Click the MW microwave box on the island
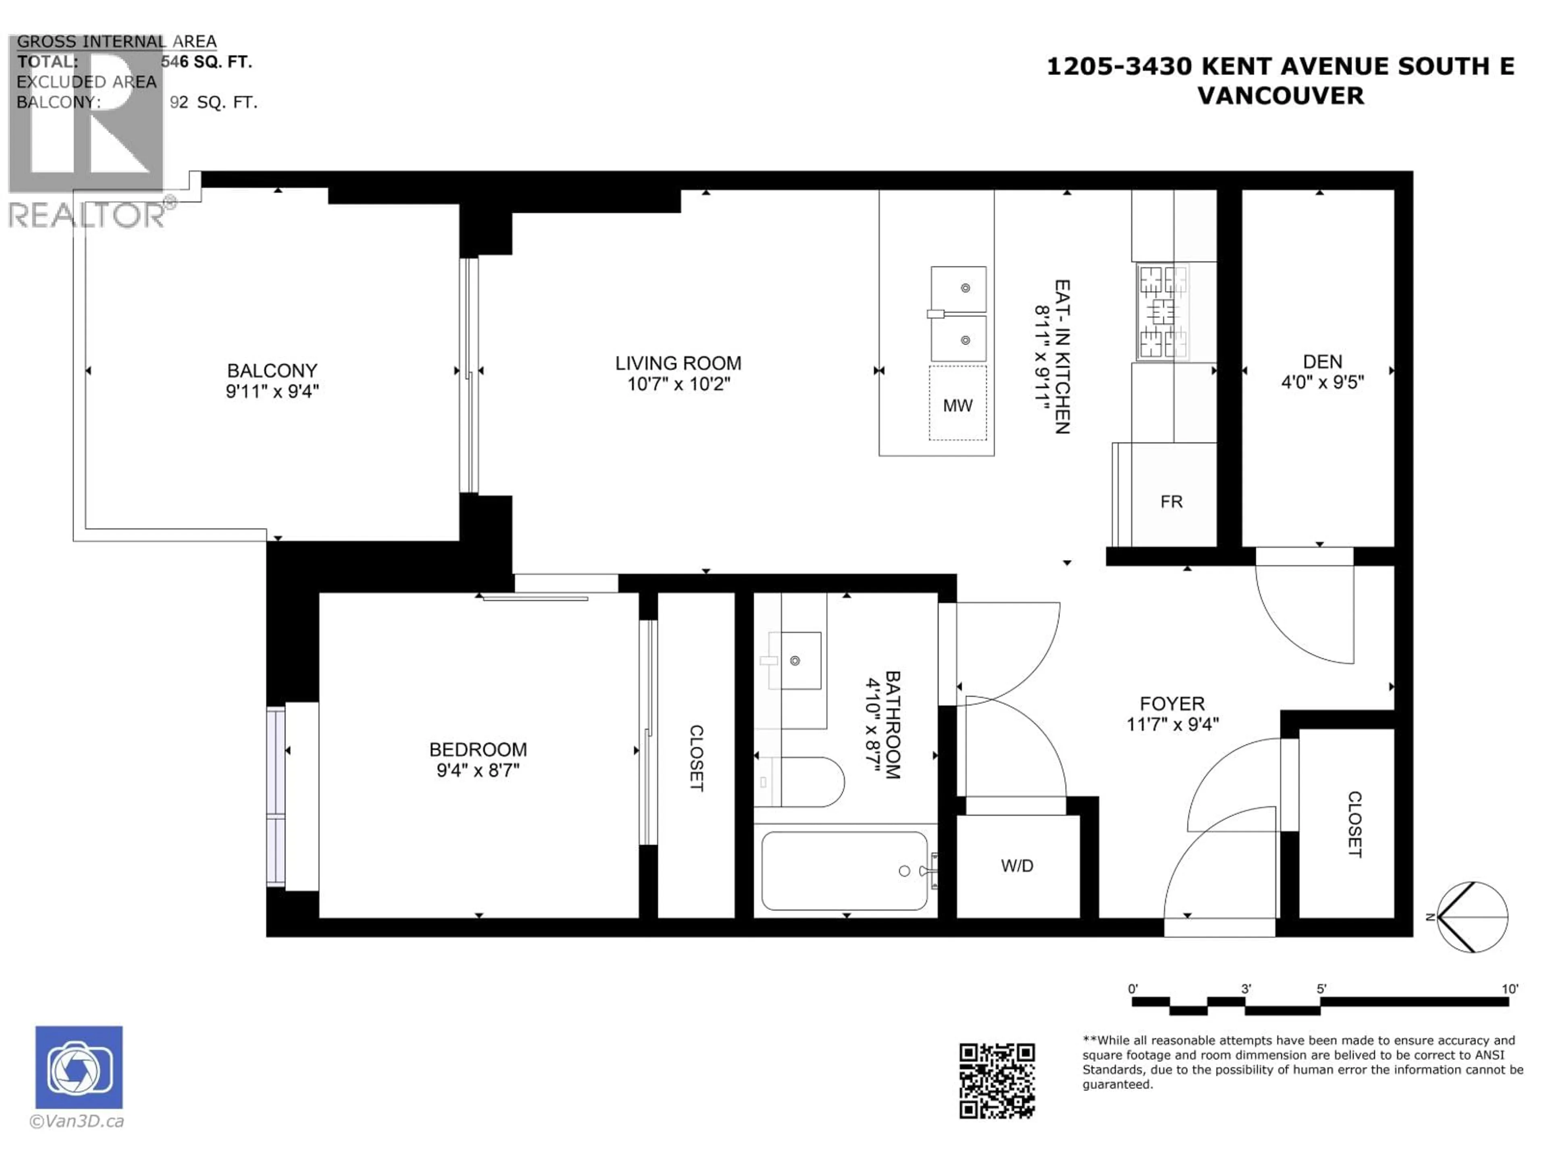957,404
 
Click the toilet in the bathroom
812,782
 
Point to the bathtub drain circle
904,871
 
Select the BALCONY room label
272,370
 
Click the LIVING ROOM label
678,363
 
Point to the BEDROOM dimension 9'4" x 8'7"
478,770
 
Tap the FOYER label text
1172,703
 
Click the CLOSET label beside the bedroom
696,758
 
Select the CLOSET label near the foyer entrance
1354,824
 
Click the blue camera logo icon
79,1067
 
